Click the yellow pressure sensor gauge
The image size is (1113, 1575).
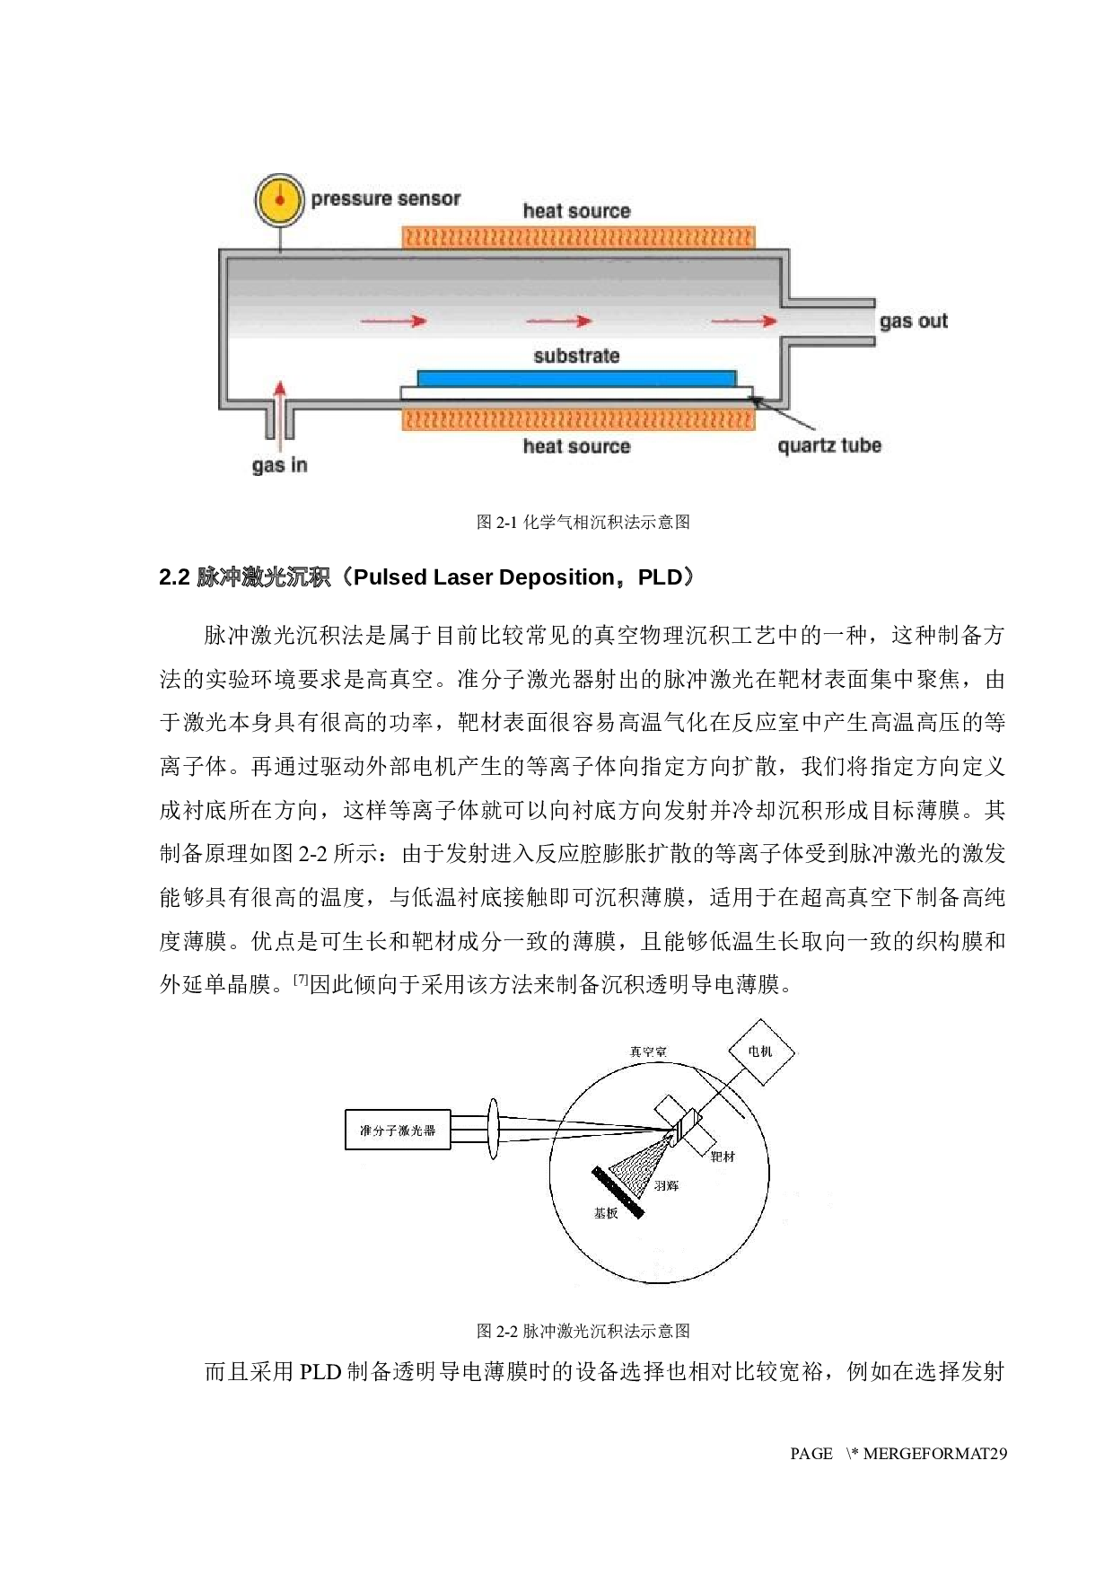pos(279,199)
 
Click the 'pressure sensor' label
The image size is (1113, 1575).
pos(386,198)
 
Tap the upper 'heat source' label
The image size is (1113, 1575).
pos(576,211)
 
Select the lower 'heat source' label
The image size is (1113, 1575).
pos(576,446)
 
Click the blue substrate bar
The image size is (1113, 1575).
pos(576,378)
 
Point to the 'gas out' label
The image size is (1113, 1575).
pos(913,321)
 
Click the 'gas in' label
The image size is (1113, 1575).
pos(279,465)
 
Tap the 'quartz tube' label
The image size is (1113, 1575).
pos(829,445)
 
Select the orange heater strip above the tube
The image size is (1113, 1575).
pos(579,237)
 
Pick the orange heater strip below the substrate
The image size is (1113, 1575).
pos(579,419)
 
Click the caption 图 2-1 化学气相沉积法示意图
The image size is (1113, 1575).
pos(583,522)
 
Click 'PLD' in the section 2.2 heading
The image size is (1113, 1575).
pos(661,577)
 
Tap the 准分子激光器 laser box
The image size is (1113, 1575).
pos(398,1130)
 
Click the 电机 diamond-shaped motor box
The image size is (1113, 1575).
pos(760,1051)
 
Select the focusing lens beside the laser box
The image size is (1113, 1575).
pos(493,1129)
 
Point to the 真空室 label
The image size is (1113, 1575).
pos(648,1051)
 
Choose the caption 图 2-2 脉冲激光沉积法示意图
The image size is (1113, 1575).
pos(583,1331)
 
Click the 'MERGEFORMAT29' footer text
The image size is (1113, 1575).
pos(935,1454)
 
